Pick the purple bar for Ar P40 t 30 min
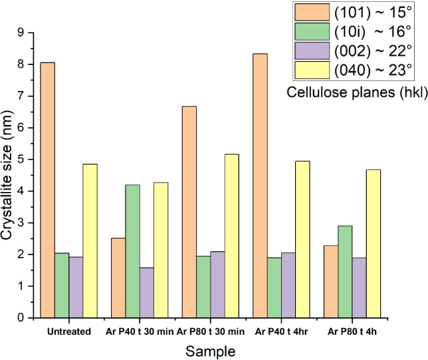(146, 292)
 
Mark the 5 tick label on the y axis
(29, 159)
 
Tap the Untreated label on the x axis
(69, 331)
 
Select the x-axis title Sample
(210, 349)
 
